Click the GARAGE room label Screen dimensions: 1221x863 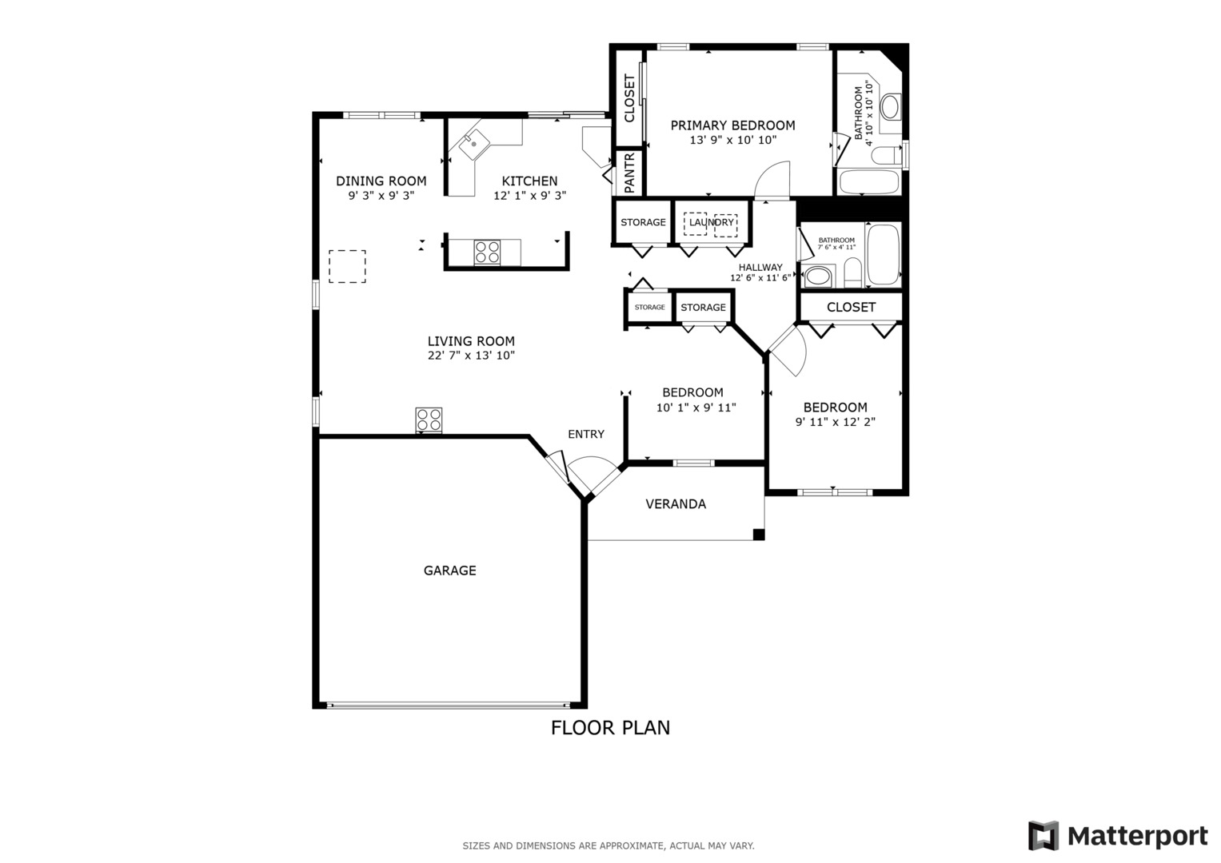449,571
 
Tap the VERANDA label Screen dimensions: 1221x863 676,504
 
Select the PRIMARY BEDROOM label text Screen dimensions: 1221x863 732,125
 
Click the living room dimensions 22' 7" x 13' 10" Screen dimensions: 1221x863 471,356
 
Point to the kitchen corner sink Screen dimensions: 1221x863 473,145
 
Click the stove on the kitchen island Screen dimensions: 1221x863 487,253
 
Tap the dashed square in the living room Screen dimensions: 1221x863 347,266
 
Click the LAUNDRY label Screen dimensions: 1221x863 712,222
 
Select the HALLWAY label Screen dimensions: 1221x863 760,268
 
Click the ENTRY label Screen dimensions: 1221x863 586,434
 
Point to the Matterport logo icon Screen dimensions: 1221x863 1043,835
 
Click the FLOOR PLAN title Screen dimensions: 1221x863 611,728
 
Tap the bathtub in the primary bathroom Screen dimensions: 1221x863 869,182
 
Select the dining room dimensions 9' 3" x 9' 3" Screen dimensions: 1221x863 381,196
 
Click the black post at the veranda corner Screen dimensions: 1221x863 758,535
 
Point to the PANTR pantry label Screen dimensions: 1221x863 629,173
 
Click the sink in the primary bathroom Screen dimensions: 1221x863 890,107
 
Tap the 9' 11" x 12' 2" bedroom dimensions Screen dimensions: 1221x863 835,422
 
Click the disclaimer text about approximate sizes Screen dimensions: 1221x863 609,845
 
